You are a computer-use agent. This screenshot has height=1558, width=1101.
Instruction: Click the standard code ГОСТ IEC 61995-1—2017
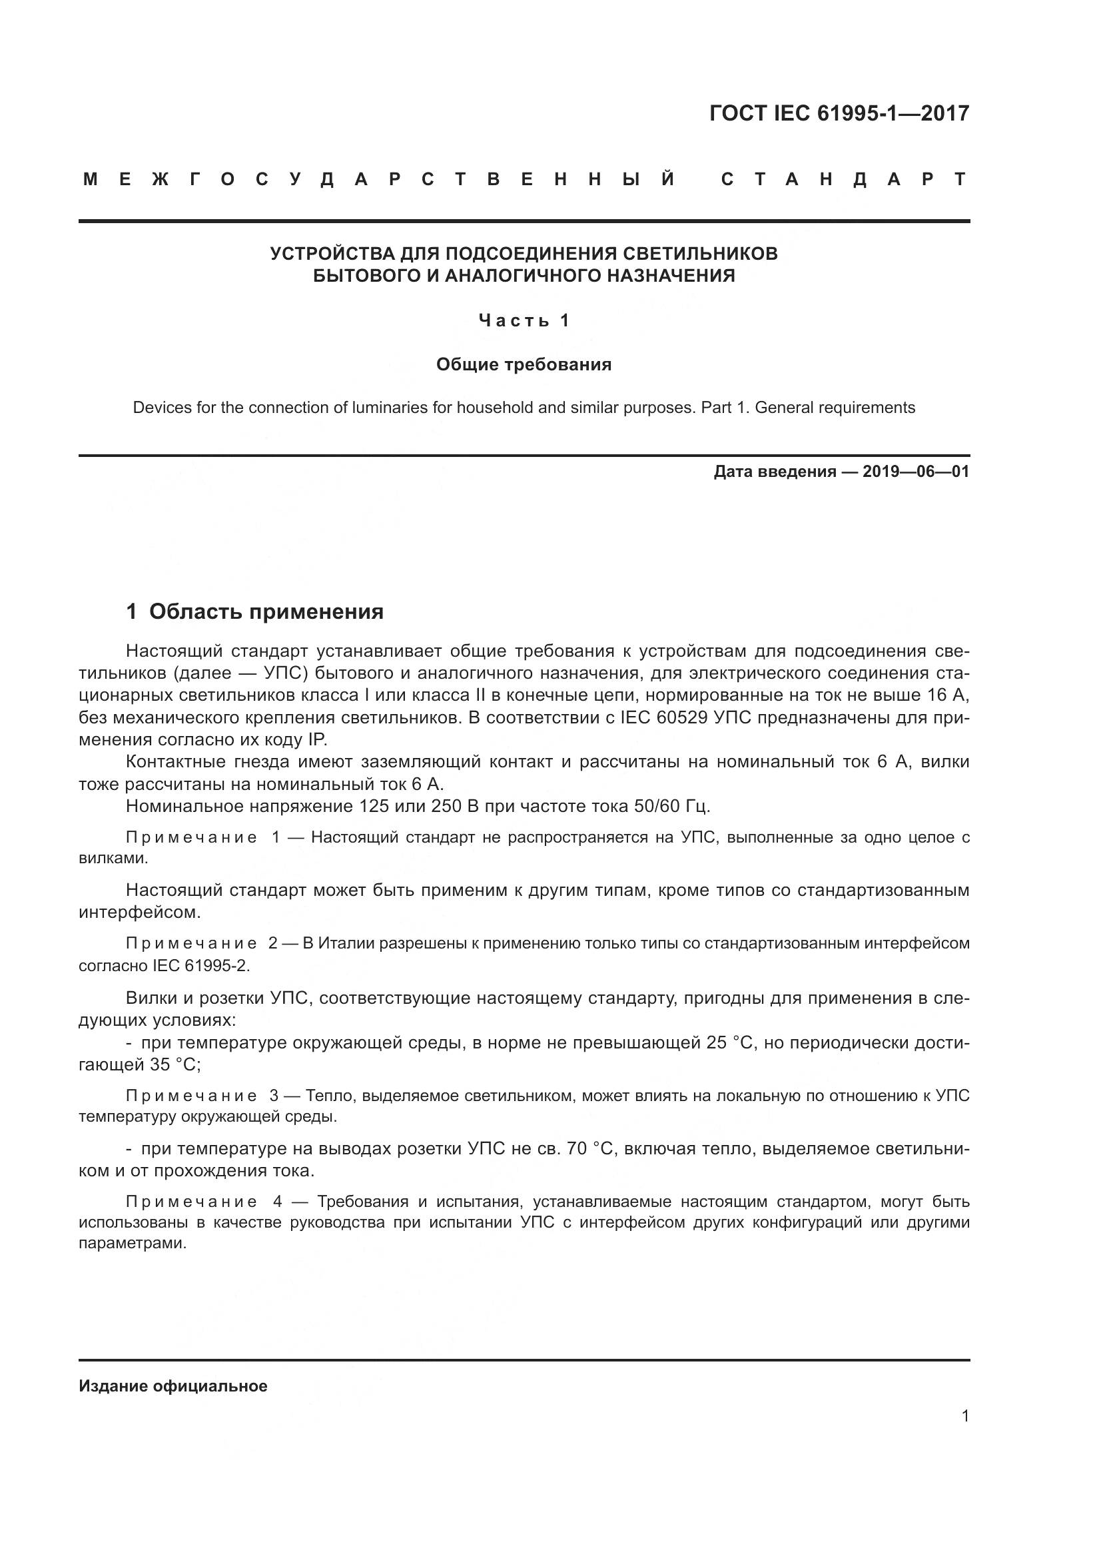pyautogui.click(x=839, y=113)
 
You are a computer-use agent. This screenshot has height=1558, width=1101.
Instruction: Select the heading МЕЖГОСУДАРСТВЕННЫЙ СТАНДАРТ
pyautogui.click(x=524, y=180)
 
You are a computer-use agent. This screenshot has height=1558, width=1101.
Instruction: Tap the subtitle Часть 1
pyautogui.click(x=524, y=320)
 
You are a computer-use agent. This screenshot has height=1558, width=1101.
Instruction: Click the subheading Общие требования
pyautogui.click(x=524, y=365)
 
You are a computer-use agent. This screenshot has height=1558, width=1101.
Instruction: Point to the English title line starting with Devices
pyautogui.click(x=524, y=408)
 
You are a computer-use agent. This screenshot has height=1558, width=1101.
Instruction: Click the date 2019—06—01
pyautogui.click(x=916, y=472)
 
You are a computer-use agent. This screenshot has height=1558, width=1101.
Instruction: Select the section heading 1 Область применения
pyautogui.click(x=254, y=612)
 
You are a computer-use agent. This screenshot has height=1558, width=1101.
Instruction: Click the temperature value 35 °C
pyautogui.click(x=175, y=1064)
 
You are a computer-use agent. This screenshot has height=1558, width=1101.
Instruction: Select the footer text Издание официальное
pyautogui.click(x=173, y=1386)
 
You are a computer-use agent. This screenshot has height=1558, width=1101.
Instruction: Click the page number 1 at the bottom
pyautogui.click(x=965, y=1416)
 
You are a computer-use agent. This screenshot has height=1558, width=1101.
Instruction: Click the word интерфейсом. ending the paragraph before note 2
pyautogui.click(x=140, y=913)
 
